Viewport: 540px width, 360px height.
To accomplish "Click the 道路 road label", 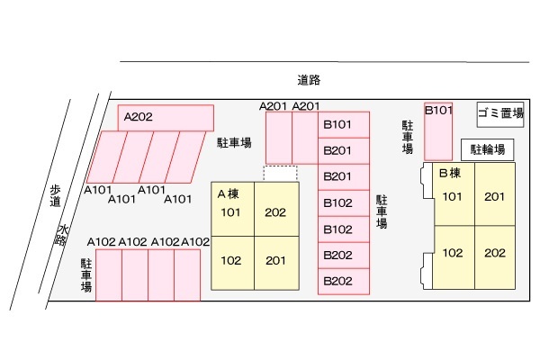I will [309, 80].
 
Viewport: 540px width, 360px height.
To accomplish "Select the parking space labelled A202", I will [166, 118].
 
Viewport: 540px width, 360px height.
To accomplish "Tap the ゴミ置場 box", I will [500, 113].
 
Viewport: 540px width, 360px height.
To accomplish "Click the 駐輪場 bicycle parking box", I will [487, 149].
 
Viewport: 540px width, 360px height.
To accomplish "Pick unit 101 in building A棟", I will [231, 213].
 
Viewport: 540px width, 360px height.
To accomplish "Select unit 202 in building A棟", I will [275, 213].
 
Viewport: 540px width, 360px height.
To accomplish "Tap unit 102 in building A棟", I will [231, 261].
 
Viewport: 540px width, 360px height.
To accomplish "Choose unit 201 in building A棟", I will [275, 261].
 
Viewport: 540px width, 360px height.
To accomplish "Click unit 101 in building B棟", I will [451, 197].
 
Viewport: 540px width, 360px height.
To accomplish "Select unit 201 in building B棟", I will [494, 197].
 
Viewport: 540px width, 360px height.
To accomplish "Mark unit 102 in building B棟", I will [451, 253].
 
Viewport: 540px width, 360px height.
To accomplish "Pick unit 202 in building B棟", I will [494, 253].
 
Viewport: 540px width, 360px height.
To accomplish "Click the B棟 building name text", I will [450, 173].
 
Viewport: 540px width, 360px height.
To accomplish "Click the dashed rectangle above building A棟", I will [279, 173].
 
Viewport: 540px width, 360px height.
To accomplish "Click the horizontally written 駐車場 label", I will [234, 142].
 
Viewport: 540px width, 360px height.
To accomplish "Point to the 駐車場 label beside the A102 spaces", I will [86, 275].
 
